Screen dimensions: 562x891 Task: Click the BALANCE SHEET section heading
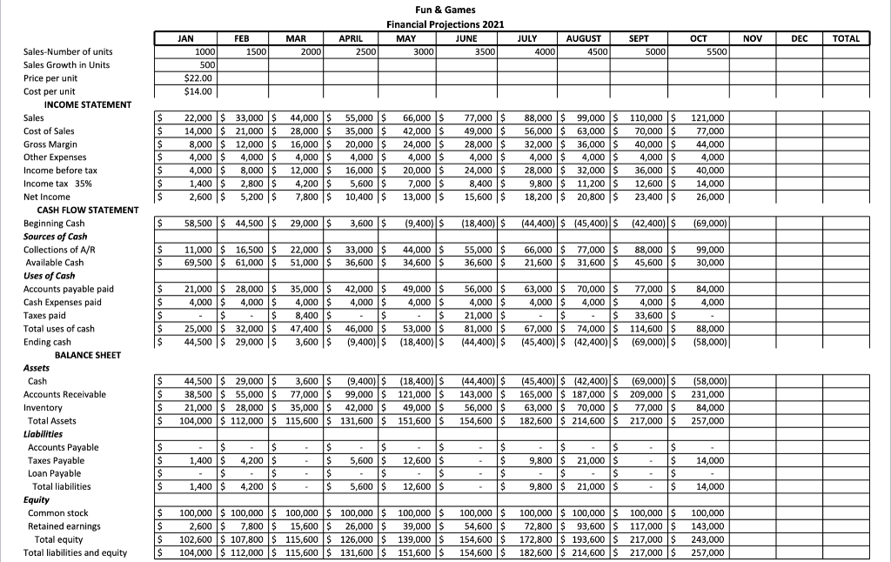coord(90,355)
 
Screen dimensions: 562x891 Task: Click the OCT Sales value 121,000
coord(710,117)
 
